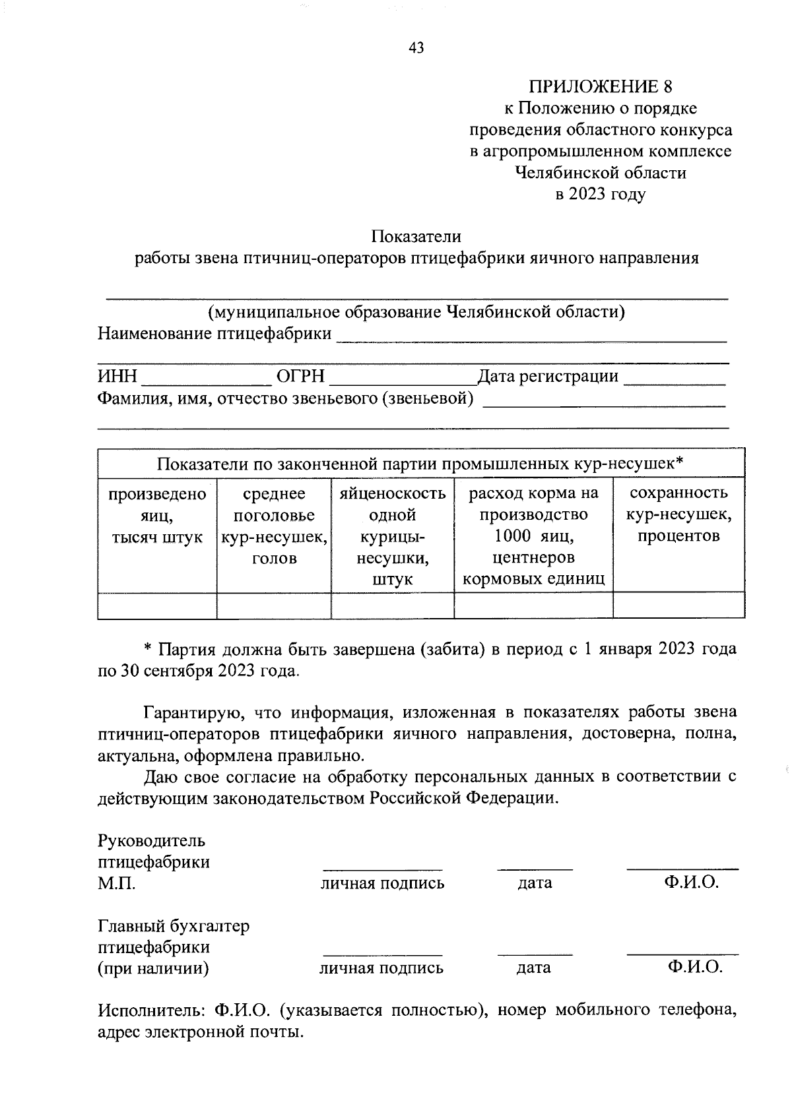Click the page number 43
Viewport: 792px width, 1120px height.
click(416, 47)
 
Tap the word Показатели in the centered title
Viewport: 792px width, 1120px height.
click(416, 236)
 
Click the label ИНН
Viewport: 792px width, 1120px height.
click(117, 377)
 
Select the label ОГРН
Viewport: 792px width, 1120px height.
click(301, 377)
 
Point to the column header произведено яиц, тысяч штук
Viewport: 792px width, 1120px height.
click(157, 515)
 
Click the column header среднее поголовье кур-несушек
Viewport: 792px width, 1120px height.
click(274, 526)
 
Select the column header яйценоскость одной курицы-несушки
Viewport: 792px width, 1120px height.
click(392, 536)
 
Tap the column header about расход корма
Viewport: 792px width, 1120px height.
click(533, 536)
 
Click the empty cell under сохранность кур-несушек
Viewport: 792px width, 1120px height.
click(678, 606)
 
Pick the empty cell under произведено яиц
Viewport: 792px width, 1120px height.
click(157, 606)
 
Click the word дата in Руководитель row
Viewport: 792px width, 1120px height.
click(535, 883)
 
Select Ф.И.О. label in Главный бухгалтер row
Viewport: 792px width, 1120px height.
click(695, 968)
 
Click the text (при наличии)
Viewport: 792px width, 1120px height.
click(154, 968)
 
